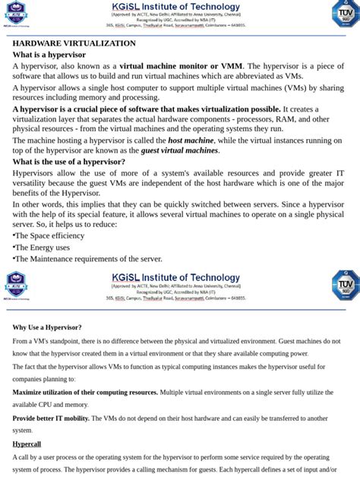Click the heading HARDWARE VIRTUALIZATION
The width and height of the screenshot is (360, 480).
tap(74, 43)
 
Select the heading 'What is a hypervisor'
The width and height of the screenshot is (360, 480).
tap(49, 55)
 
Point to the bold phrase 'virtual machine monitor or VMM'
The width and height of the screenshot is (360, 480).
tap(181, 66)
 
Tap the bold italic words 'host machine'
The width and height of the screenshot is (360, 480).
tap(191, 141)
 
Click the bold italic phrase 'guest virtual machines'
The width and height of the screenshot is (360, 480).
tap(179, 150)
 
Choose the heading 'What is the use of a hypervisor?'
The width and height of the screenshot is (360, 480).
tap(68, 162)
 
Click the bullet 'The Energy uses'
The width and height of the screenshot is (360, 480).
tap(43, 248)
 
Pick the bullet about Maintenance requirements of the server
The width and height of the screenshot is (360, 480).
tap(88, 259)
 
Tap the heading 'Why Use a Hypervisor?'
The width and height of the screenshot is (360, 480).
tap(47, 327)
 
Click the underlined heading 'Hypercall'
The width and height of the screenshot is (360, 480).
tap(27, 444)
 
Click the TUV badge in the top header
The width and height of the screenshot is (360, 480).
tap(345, 14)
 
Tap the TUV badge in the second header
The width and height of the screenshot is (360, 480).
tap(345, 285)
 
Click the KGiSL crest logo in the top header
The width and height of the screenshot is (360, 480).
tap(16, 14)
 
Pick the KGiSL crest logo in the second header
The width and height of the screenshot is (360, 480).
tap(16, 285)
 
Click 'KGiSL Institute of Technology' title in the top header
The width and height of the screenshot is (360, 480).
tap(175, 7)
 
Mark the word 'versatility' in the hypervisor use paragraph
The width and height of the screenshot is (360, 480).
tap(33, 183)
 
